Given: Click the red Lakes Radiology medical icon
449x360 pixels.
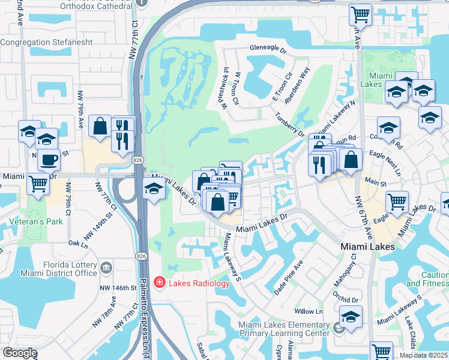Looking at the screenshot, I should pos(159,282).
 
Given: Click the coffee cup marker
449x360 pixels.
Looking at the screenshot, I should pos(49,160).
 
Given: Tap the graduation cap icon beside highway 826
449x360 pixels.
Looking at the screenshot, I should pos(154,190).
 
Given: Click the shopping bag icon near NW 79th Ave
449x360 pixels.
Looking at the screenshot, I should pos(100,126).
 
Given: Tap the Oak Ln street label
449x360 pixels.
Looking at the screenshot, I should pos(78,243).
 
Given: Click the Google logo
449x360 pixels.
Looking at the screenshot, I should pos(20,353).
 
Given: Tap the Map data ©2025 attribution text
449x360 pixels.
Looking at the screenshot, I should pos(424,355).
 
